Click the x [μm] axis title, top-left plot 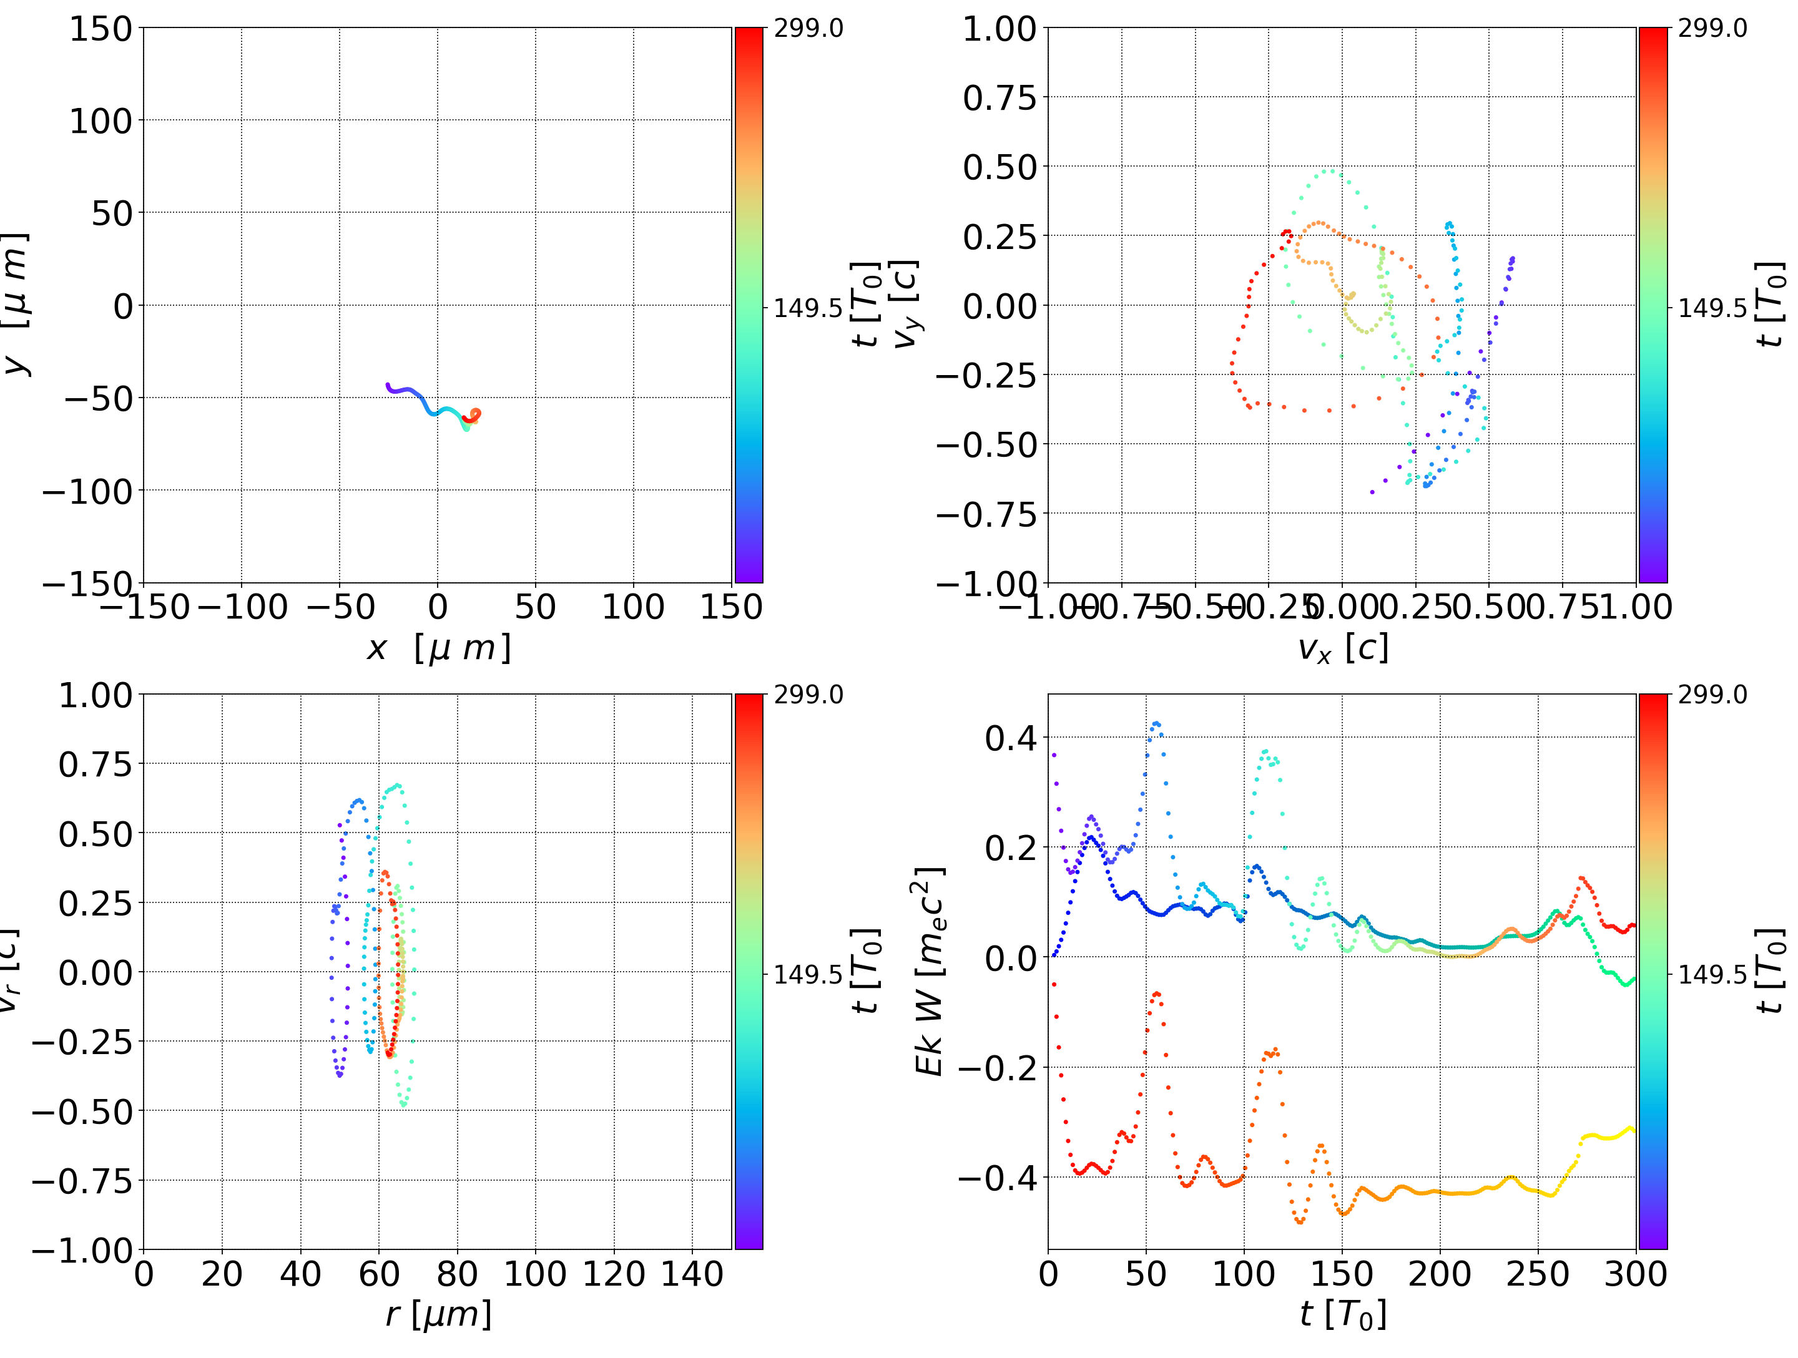click(x=438, y=648)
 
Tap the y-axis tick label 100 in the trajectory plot click(x=100, y=121)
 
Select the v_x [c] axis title click(x=1342, y=648)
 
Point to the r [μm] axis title click(x=438, y=1314)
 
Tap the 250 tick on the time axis click(x=1537, y=1274)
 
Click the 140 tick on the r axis click(x=692, y=1274)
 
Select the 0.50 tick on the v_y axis click(x=1000, y=167)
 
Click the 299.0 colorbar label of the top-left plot click(x=808, y=29)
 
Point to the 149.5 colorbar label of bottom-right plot click(x=1712, y=974)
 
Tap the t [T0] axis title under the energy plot click(x=1342, y=1314)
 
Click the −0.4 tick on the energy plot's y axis click(x=998, y=1178)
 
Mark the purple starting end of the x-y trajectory click(x=388, y=385)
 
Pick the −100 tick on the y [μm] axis click(x=87, y=491)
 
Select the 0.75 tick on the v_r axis click(x=95, y=764)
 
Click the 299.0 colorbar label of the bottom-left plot click(x=808, y=695)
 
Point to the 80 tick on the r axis click(x=457, y=1274)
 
